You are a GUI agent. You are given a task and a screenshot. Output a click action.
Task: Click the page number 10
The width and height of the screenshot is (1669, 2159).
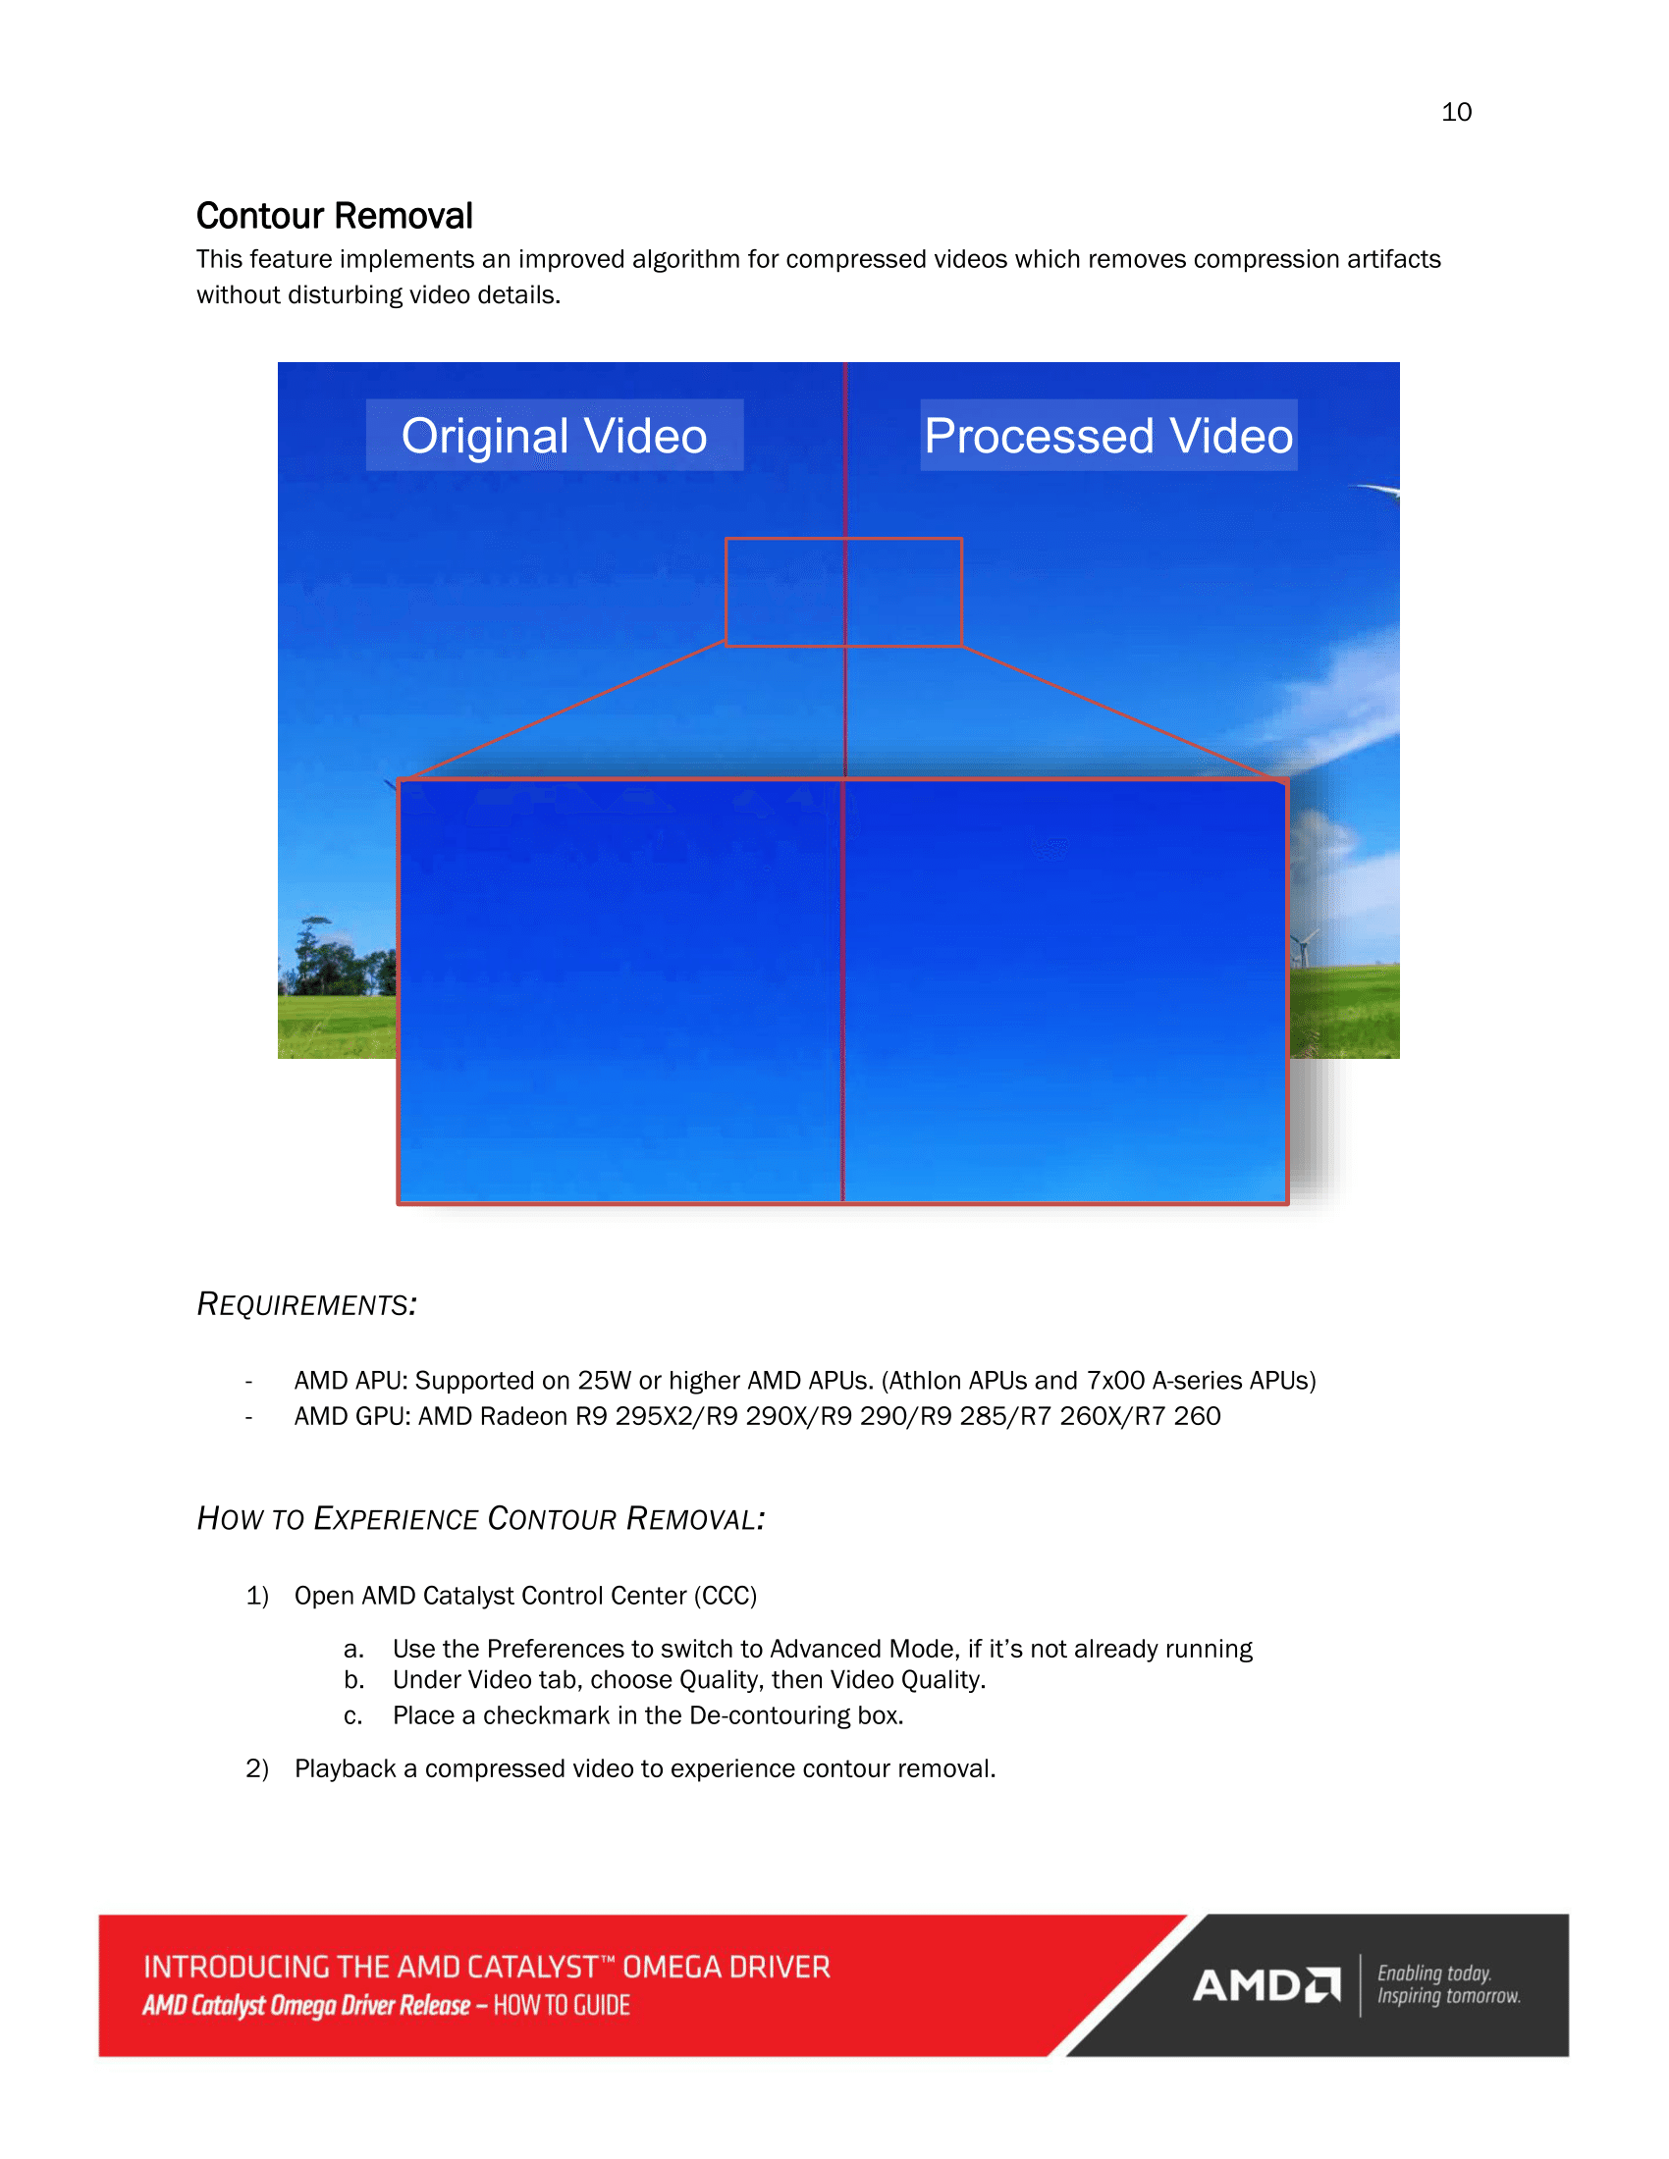(1455, 112)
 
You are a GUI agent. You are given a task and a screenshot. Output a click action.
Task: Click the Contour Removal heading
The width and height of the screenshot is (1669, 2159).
(334, 216)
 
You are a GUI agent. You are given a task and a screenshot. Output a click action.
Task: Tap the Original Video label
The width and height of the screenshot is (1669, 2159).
(554, 436)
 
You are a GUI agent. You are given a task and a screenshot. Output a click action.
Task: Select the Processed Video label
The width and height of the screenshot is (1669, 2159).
(1107, 436)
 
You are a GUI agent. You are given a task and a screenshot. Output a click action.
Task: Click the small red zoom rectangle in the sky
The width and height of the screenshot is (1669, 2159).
(843, 592)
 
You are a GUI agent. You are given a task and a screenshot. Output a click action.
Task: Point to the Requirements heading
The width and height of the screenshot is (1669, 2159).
(306, 1305)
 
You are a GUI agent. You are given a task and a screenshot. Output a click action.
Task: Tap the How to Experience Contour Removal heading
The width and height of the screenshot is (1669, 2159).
(480, 1518)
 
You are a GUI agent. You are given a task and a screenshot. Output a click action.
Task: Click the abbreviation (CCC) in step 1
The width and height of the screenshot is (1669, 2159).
(725, 1596)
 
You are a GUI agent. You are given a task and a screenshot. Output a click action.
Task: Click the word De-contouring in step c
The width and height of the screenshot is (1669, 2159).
(769, 1715)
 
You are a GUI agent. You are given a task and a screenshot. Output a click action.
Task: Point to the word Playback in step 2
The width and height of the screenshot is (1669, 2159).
(345, 1768)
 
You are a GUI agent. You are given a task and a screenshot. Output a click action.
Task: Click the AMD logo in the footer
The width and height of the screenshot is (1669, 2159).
(1265, 1985)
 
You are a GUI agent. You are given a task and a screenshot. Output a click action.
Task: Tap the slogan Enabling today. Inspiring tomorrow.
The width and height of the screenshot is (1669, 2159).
(1447, 1985)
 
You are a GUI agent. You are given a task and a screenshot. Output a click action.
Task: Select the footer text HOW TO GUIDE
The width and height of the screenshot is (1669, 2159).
(562, 2006)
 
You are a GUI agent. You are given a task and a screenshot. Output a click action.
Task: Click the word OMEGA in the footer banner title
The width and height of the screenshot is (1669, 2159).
(672, 1968)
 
